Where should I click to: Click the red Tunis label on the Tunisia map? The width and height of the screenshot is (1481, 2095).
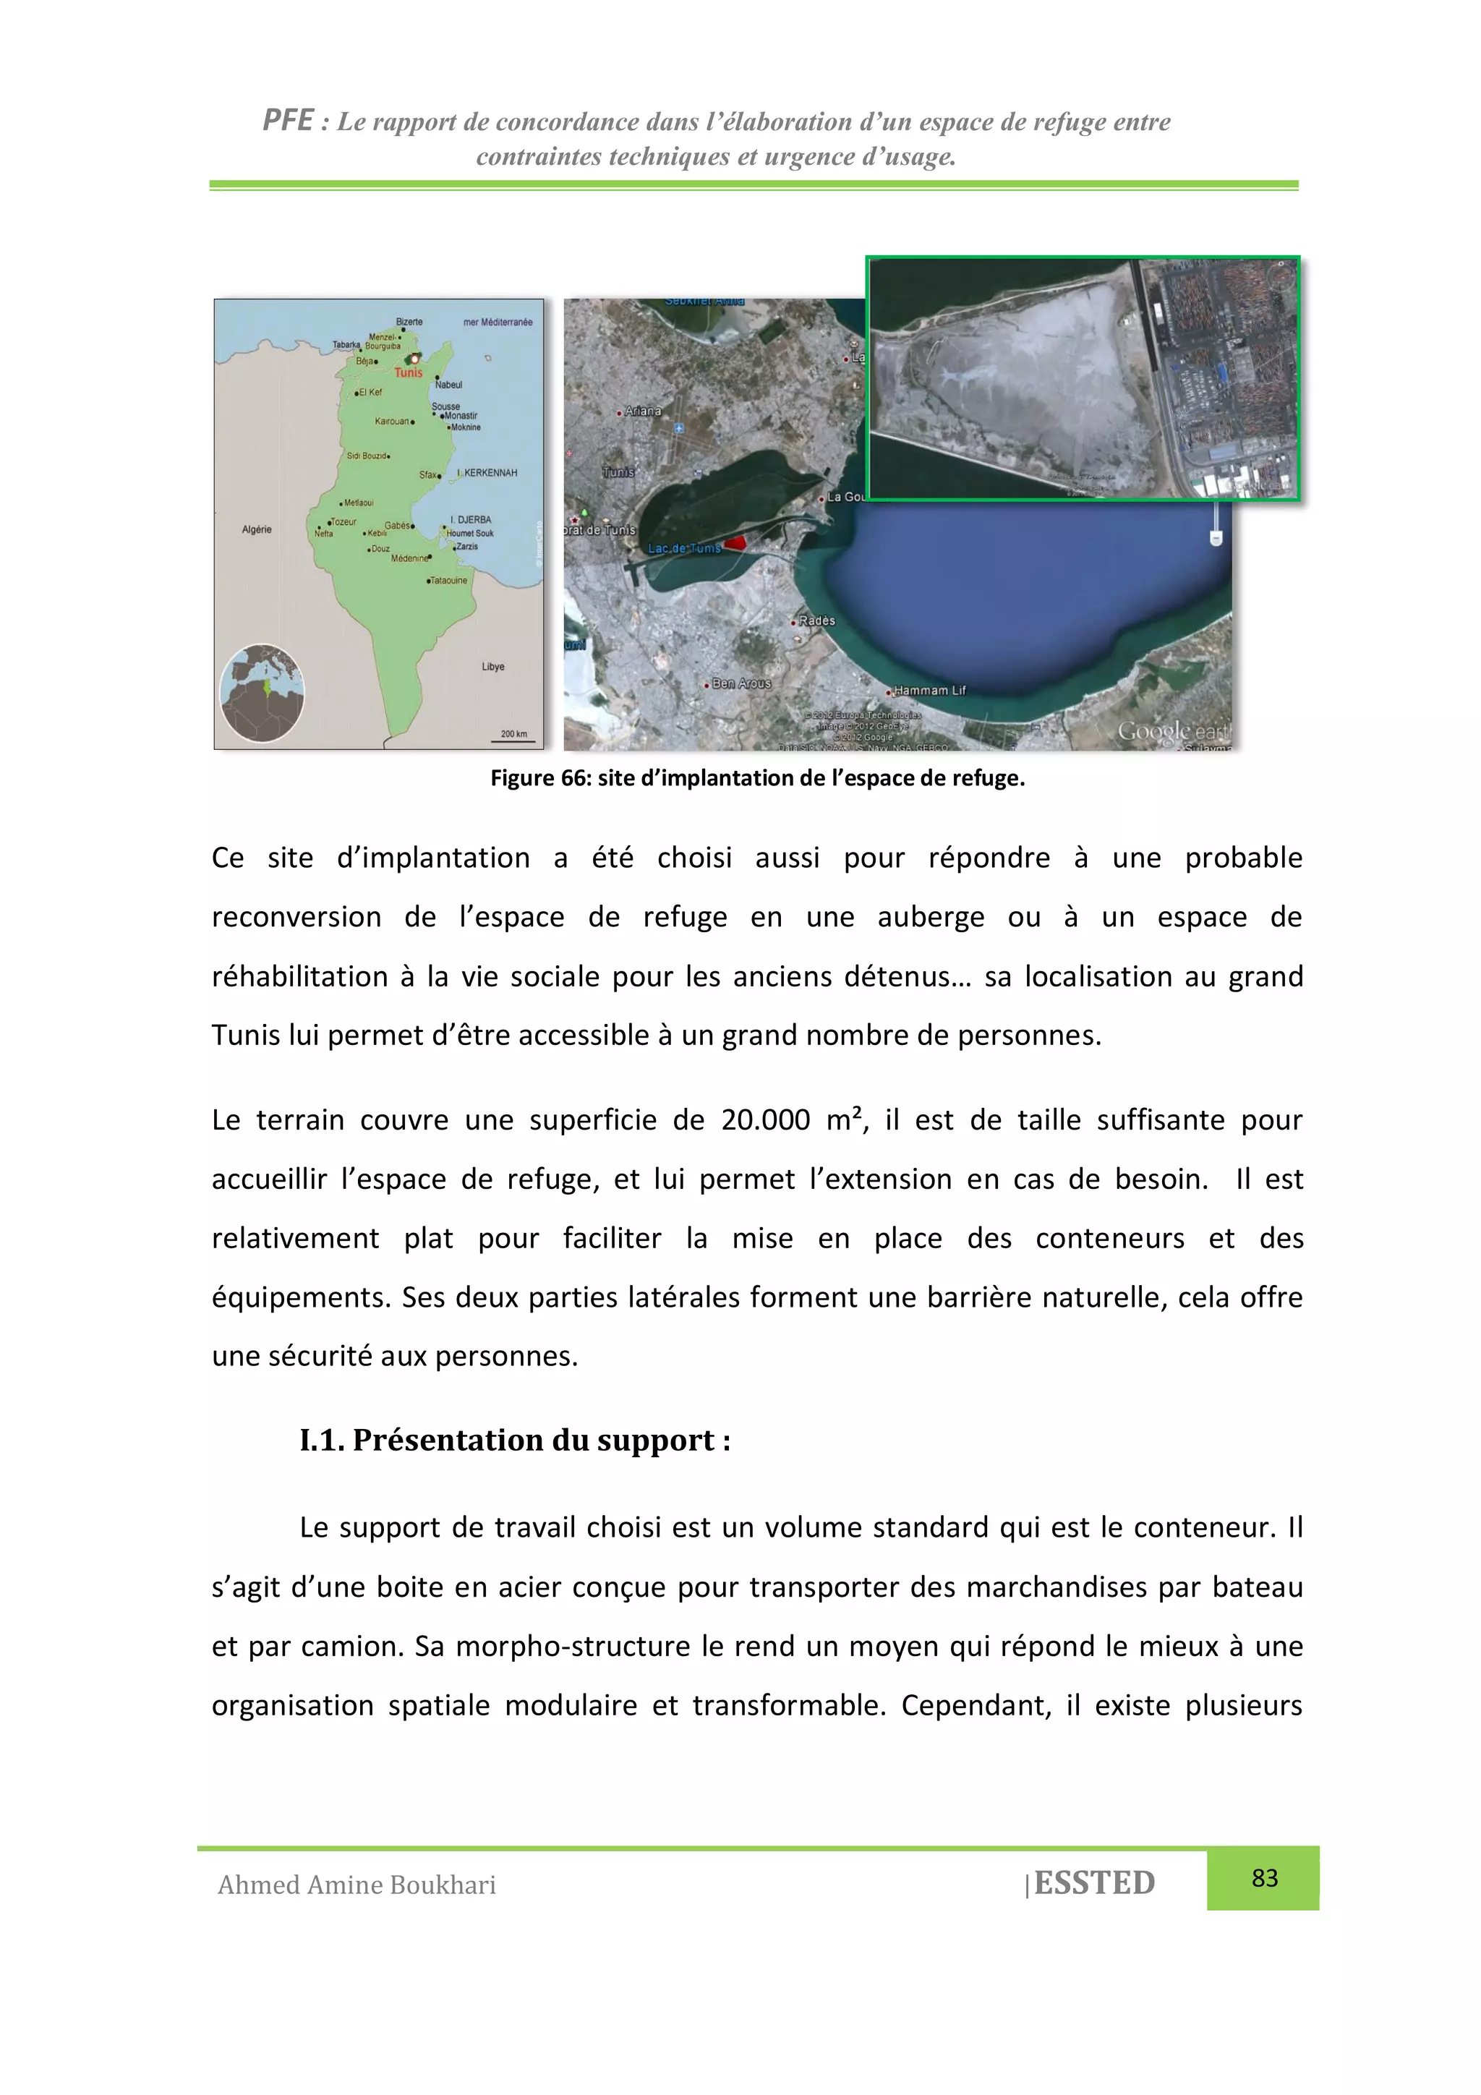408,372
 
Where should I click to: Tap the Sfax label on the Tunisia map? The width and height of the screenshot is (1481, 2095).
429,474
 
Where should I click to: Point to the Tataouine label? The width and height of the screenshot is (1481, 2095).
448,580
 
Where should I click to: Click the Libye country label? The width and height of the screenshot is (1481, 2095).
492,666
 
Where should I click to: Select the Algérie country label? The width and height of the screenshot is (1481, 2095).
257,529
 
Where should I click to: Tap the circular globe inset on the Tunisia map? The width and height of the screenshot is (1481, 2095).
262,693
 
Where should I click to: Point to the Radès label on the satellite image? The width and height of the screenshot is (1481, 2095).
816,620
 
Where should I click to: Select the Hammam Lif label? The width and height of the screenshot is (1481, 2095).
929,691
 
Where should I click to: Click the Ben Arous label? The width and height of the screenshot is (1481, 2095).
741,683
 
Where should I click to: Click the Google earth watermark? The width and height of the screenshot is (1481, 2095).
1172,731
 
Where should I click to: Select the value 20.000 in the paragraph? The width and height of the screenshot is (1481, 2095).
764,1119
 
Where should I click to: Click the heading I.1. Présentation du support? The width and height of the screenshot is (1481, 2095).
515,1439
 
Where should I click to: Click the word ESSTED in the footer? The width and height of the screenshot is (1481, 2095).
1094,1882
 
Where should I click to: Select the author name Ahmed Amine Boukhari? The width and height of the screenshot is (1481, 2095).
357,1885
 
